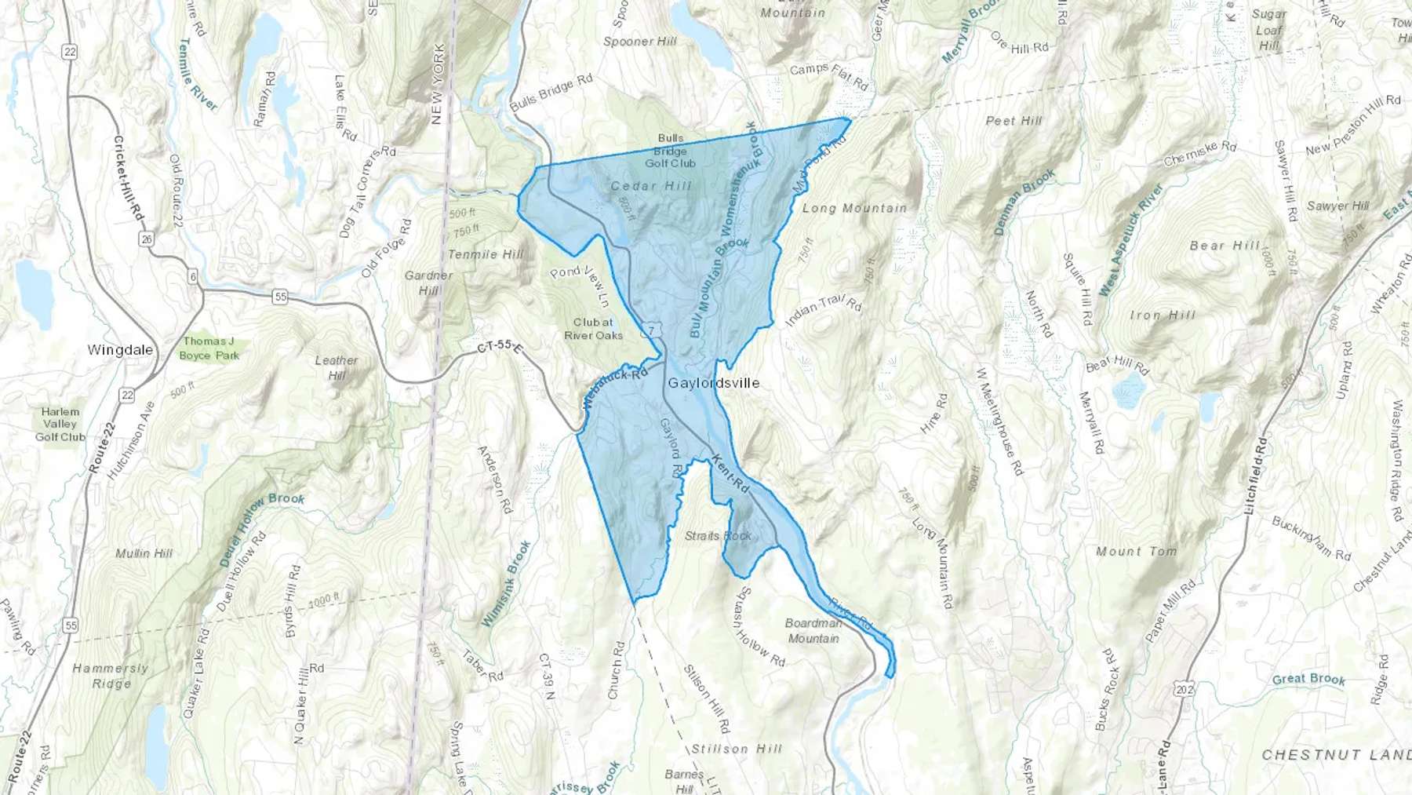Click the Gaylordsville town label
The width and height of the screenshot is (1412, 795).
713,383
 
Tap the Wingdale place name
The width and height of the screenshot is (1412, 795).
120,350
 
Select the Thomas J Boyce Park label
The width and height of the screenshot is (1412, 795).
209,348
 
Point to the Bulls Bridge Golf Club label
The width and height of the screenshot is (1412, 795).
671,151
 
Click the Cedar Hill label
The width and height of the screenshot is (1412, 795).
651,186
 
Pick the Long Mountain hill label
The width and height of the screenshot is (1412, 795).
854,208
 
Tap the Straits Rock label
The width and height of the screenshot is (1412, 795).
718,536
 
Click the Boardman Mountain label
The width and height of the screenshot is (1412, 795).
813,631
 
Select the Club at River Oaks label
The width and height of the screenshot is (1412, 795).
593,329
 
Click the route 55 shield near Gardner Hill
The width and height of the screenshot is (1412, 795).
280,297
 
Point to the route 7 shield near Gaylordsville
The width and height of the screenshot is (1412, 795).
650,331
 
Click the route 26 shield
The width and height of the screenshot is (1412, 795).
147,239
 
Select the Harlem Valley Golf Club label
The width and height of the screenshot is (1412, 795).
60,424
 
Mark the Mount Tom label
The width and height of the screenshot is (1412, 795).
1136,552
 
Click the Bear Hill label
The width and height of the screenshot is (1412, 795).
1225,246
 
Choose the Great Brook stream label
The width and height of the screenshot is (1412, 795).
1308,679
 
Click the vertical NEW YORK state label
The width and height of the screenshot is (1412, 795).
438,84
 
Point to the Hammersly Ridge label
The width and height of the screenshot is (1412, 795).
111,676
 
